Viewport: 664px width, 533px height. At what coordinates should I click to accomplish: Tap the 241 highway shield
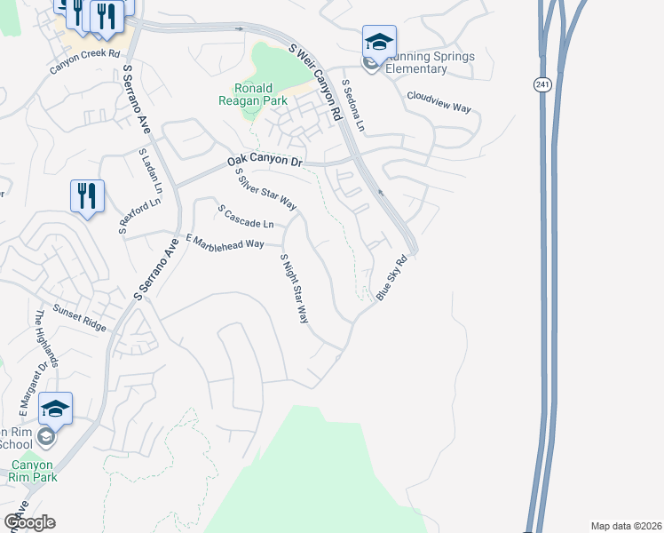click(542, 84)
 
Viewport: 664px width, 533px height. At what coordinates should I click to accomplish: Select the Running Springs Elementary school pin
click(379, 42)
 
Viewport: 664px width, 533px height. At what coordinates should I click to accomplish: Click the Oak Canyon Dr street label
click(265, 161)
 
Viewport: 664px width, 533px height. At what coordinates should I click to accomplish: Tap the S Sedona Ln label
click(353, 106)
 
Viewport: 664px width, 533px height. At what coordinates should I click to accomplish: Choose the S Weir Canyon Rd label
click(315, 81)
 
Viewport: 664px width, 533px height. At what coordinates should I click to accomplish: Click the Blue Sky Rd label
click(391, 278)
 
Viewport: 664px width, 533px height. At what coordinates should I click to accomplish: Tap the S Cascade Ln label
click(246, 215)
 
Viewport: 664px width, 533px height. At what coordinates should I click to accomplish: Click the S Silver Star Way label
click(265, 190)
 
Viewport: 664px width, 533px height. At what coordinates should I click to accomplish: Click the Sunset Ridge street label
click(79, 316)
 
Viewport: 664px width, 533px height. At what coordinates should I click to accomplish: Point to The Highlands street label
click(47, 338)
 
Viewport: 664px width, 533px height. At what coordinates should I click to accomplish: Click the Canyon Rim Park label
click(33, 471)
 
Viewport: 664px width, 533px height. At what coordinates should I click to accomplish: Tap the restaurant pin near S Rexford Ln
click(87, 196)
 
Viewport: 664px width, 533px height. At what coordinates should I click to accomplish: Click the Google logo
click(30, 522)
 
